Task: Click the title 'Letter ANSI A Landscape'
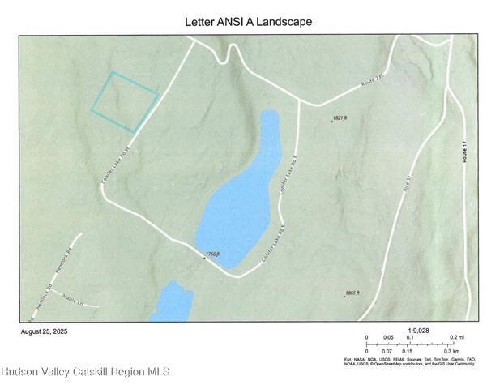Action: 249,22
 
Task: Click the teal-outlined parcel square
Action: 124,102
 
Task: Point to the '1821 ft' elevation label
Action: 340,118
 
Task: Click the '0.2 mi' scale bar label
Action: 456,337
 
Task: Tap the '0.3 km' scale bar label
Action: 452,351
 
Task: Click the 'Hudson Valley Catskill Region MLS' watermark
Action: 85,372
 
